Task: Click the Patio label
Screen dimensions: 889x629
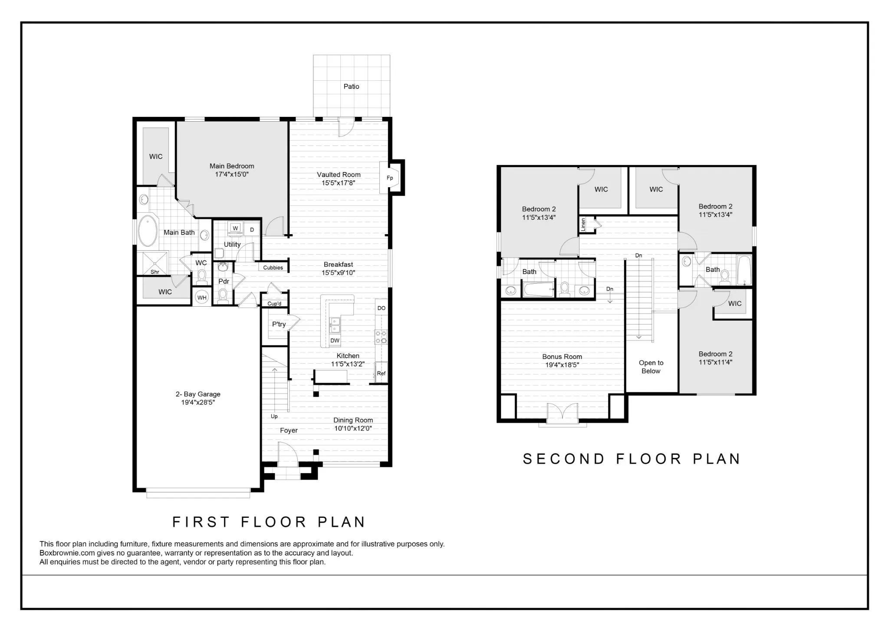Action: (x=351, y=86)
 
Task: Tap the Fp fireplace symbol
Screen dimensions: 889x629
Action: (x=389, y=178)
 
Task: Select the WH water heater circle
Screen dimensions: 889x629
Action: (x=202, y=298)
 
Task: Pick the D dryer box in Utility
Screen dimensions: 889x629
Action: (x=252, y=230)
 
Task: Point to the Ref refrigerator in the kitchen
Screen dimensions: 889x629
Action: (x=381, y=373)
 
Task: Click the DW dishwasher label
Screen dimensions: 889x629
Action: (x=335, y=341)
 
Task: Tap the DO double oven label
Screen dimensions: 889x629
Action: (x=381, y=308)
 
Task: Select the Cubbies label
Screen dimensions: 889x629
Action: (x=273, y=268)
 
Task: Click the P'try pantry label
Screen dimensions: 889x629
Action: (x=279, y=324)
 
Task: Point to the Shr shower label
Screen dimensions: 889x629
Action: (x=155, y=272)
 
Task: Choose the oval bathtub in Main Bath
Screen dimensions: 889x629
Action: (x=148, y=231)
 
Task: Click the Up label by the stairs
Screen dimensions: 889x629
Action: (x=274, y=416)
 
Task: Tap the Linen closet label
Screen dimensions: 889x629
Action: (x=583, y=224)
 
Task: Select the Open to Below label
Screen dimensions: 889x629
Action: (x=651, y=367)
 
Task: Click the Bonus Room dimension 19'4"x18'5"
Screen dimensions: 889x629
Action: (x=562, y=365)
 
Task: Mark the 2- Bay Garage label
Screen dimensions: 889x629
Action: (x=198, y=394)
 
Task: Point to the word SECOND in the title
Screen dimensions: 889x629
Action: (x=563, y=459)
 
